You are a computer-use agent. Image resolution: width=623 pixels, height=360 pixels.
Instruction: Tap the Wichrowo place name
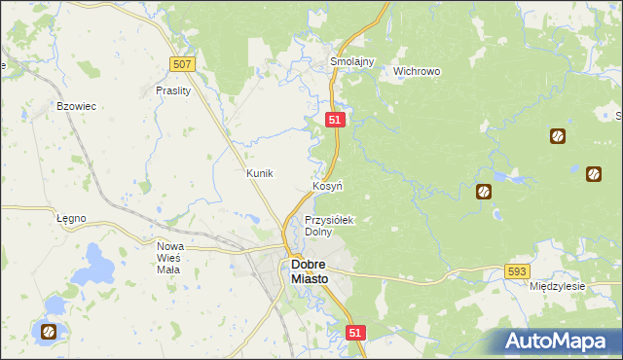tap(417, 71)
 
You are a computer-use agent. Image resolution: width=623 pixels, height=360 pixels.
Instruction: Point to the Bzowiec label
tap(76, 106)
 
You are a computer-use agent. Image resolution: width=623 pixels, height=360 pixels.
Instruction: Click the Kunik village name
tap(260, 173)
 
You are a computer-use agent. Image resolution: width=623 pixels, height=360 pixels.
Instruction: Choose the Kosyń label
tap(326, 185)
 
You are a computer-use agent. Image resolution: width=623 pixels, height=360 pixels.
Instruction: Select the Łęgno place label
tap(71, 218)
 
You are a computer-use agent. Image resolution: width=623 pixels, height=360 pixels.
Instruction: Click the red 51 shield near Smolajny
tap(334, 119)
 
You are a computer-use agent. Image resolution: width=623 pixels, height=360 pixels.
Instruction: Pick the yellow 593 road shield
tap(518, 272)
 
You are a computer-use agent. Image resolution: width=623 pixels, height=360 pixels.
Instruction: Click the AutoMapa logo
tap(554, 342)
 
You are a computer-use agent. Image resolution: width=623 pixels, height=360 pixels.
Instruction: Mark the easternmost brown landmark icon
tap(594, 174)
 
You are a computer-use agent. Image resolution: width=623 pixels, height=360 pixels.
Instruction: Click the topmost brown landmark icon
tap(558, 136)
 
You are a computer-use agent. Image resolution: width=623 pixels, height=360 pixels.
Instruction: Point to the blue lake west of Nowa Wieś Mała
tap(100, 261)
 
